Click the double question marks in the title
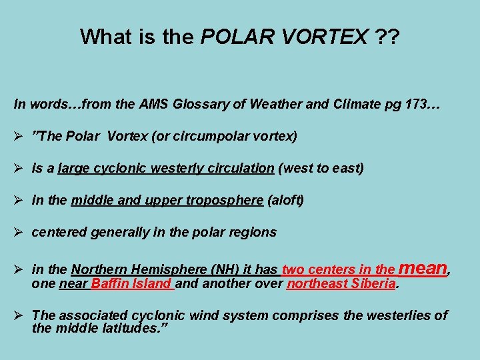[x=384, y=37]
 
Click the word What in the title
[x=100, y=37]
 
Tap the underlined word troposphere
[x=223, y=200]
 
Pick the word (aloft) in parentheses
[x=285, y=200]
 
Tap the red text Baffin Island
[x=133, y=284]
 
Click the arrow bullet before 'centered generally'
[x=19, y=232]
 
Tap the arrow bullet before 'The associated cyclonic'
[x=19, y=315]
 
